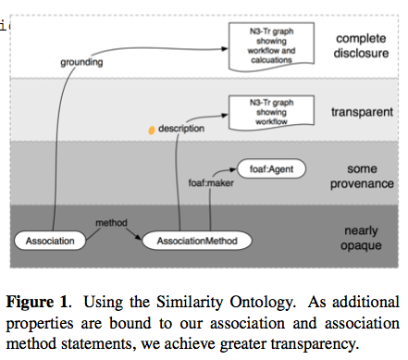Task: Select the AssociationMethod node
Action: [x=190, y=242]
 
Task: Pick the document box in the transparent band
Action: [x=271, y=110]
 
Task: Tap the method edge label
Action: [x=111, y=223]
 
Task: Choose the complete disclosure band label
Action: [x=362, y=46]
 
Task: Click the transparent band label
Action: [x=362, y=110]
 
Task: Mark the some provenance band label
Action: [x=362, y=176]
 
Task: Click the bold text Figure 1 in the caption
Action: [x=38, y=302]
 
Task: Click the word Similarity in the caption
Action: [x=192, y=302]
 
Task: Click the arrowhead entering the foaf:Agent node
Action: [x=233, y=169]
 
